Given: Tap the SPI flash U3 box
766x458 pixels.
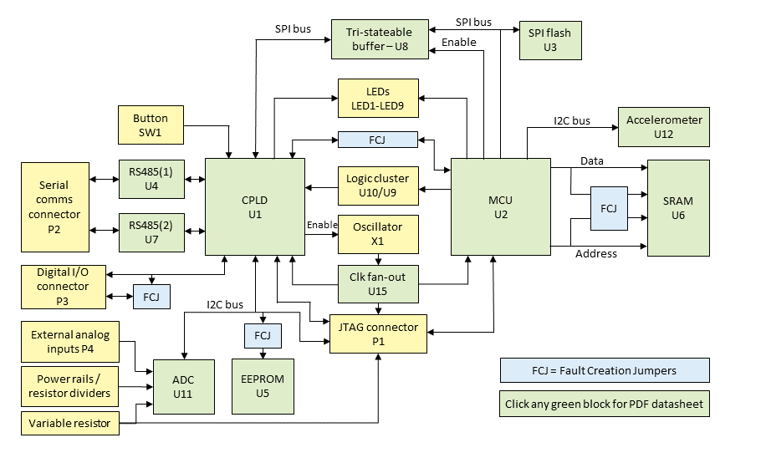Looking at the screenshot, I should (x=550, y=39).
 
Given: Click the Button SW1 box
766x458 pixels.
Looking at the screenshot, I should (x=151, y=125).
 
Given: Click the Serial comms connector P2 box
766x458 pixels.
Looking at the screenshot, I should (x=54, y=207).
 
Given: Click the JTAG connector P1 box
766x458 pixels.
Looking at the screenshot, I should (x=378, y=333).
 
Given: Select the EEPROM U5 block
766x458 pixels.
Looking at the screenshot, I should (x=263, y=385).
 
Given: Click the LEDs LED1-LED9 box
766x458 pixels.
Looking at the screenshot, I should (x=377, y=98).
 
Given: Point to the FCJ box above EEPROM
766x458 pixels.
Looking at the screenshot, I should (x=263, y=337).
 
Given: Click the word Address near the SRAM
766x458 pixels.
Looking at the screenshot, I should (x=595, y=253).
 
